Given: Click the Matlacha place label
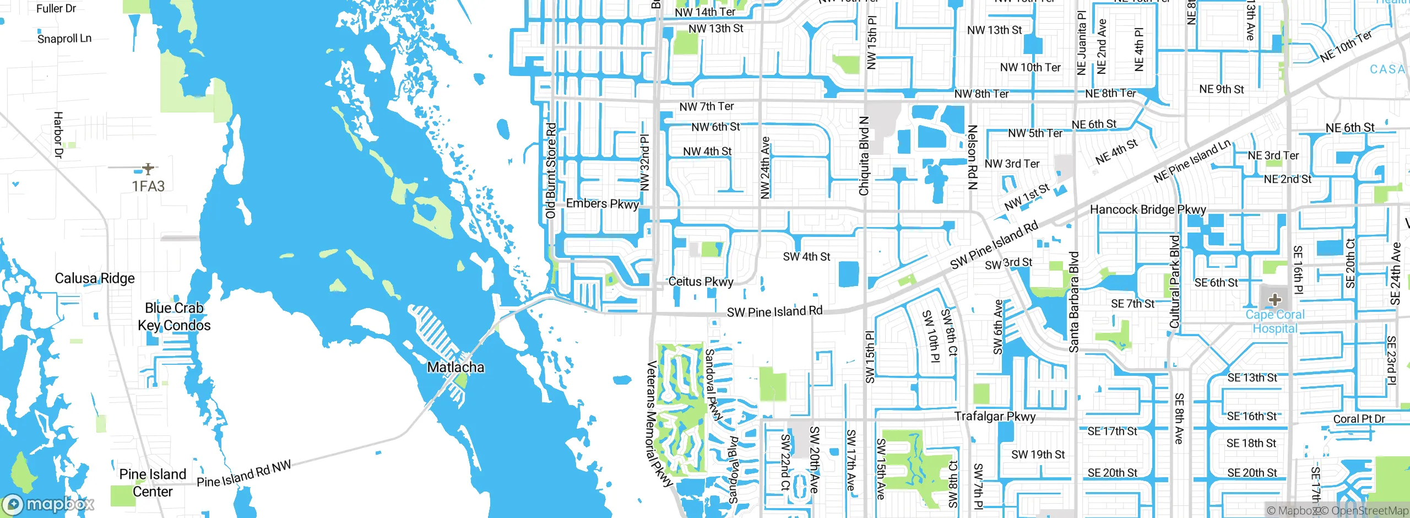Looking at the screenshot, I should (455, 367).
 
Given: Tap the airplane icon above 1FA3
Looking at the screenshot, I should (148, 168).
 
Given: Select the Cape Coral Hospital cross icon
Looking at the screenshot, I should (1275, 300).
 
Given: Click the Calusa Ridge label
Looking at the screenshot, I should (95, 278).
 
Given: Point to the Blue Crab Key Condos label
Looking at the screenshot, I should (174, 317).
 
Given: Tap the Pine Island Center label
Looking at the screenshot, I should (153, 483).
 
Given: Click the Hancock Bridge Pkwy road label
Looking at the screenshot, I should (1148, 209).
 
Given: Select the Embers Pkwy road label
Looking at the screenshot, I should (602, 204).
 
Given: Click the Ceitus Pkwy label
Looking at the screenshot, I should (701, 282).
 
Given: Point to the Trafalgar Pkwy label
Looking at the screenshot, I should (995, 416).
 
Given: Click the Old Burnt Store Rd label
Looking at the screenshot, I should (551, 171).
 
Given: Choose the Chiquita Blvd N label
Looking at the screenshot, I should (864, 155).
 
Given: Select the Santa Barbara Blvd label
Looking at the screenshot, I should (1074, 302).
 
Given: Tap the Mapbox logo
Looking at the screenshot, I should (48, 504).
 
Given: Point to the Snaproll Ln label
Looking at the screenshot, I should (64, 39).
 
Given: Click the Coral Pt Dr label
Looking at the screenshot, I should (1359, 419).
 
